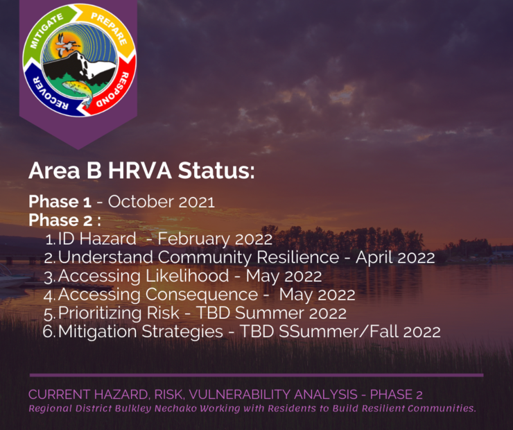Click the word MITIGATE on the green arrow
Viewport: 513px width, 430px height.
coord(46,31)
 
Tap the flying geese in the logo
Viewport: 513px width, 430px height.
coord(67,44)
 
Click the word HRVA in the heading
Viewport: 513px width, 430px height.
coord(140,171)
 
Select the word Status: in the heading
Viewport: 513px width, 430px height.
coord(216,171)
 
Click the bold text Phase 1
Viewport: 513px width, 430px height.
coord(60,202)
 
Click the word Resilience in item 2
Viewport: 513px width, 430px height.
coord(297,257)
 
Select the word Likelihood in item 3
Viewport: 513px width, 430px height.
coord(186,276)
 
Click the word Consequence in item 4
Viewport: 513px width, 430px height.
coord(202,295)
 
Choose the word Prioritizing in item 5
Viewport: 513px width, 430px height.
coord(100,313)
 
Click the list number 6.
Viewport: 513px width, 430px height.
coord(49,332)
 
